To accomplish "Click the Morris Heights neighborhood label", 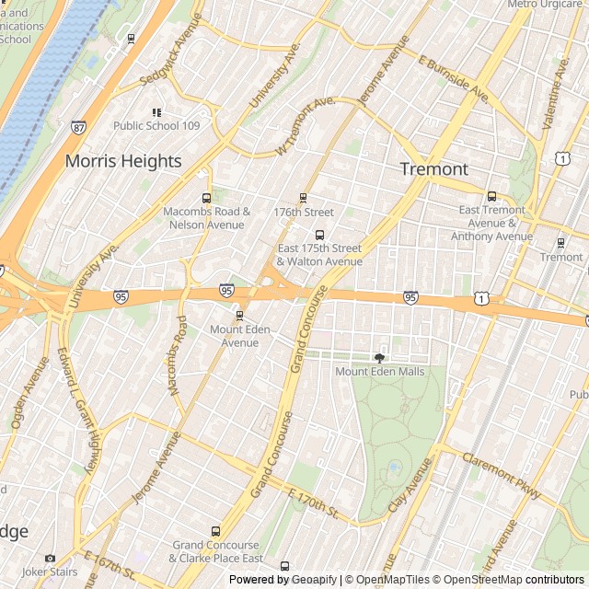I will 123,161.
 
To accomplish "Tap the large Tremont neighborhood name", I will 434,169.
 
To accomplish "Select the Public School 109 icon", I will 156,112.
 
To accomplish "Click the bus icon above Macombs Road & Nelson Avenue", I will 206,198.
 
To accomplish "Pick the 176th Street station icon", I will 303,198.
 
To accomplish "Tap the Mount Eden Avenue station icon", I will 239,316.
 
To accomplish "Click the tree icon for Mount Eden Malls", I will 379,357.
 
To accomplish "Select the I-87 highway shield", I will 78,127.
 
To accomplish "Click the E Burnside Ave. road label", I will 453,78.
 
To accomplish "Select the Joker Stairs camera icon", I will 50,558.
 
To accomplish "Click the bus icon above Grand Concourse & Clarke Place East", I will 216,531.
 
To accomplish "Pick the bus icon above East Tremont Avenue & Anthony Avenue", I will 491,196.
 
